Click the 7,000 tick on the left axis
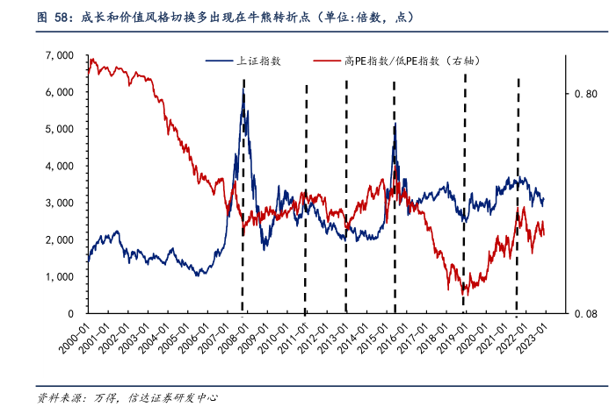(61, 55)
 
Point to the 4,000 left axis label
(61, 166)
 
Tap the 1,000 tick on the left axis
(61, 276)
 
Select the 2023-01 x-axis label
(534, 334)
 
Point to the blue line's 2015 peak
(395, 125)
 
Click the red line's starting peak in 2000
(92, 59)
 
